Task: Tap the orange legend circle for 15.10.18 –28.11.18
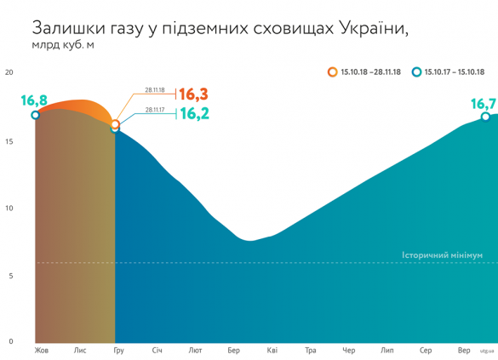tap(332, 72)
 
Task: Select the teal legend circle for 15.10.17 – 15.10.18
tap(416, 72)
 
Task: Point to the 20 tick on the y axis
tap(9, 71)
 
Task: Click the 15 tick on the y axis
tap(9, 140)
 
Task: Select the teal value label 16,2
tap(192, 112)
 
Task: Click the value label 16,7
tap(483, 103)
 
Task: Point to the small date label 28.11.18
tap(155, 90)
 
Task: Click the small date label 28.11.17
tap(155, 110)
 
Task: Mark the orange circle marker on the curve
tap(116, 125)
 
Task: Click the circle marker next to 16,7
tap(485, 117)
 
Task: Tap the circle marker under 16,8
tap(35, 115)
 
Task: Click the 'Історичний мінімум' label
tap(442, 254)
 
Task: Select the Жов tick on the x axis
tap(41, 351)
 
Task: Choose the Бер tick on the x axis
tap(233, 351)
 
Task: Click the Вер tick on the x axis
tap(464, 351)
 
